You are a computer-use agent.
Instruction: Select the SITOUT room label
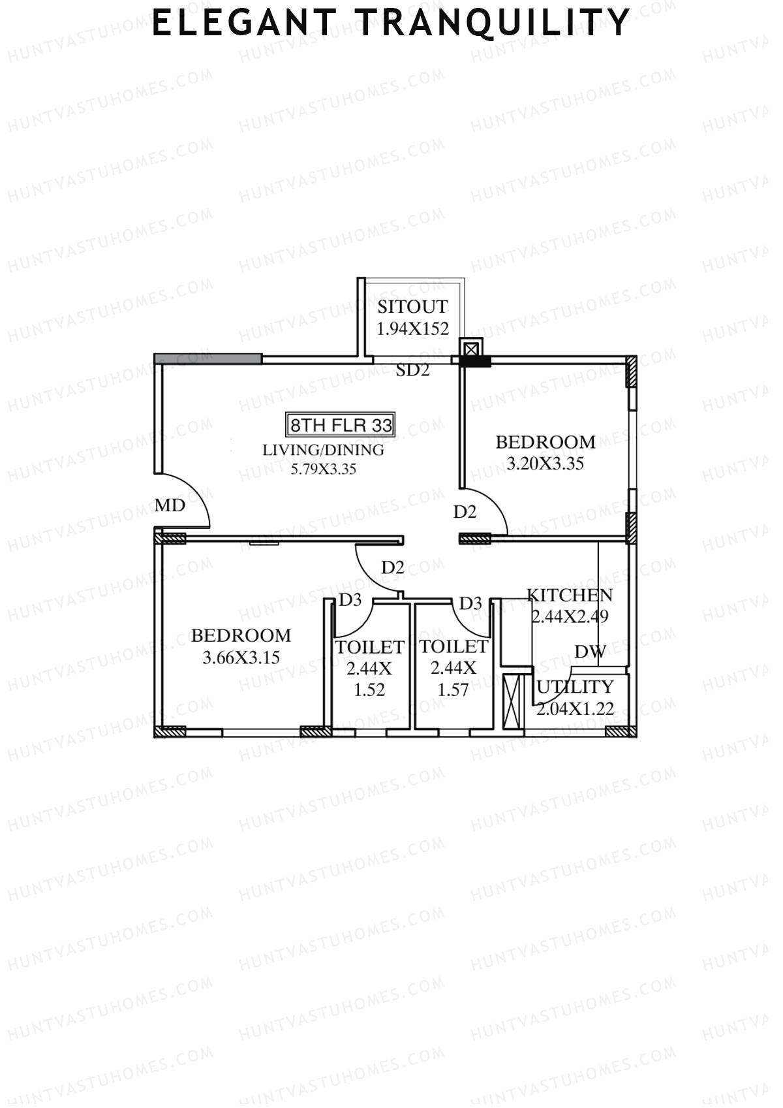(x=412, y=307)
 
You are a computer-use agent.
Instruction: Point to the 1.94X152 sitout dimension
(x=413, y=328)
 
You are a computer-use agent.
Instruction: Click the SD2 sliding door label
(x=413, y=370)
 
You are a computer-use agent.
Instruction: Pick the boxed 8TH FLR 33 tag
(x=341, y=425)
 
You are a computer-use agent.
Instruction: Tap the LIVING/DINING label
(x=323, y=450)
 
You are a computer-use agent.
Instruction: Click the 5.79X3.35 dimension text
(x=323, y=469)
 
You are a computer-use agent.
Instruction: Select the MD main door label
(x=170, y=505)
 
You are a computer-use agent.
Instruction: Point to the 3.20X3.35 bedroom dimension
(x=545, y=464)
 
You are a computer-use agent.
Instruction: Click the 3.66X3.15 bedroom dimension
(x=241, y=657)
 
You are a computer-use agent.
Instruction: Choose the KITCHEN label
(x=570, y=595)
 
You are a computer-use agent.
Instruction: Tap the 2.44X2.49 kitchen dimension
(x=570, y=616)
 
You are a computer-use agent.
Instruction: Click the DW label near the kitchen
(x=590, y=652)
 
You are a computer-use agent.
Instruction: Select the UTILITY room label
(x=575, y=687)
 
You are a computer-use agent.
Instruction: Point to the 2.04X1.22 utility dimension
(x=575, y=708)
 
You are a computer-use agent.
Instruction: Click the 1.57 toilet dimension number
(x=453, y=689)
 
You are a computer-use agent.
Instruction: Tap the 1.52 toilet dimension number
(x=369, y=689)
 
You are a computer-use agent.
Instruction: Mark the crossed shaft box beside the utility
(x=514, y=701)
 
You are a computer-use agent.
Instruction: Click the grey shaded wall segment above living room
(x=208, y=358)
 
